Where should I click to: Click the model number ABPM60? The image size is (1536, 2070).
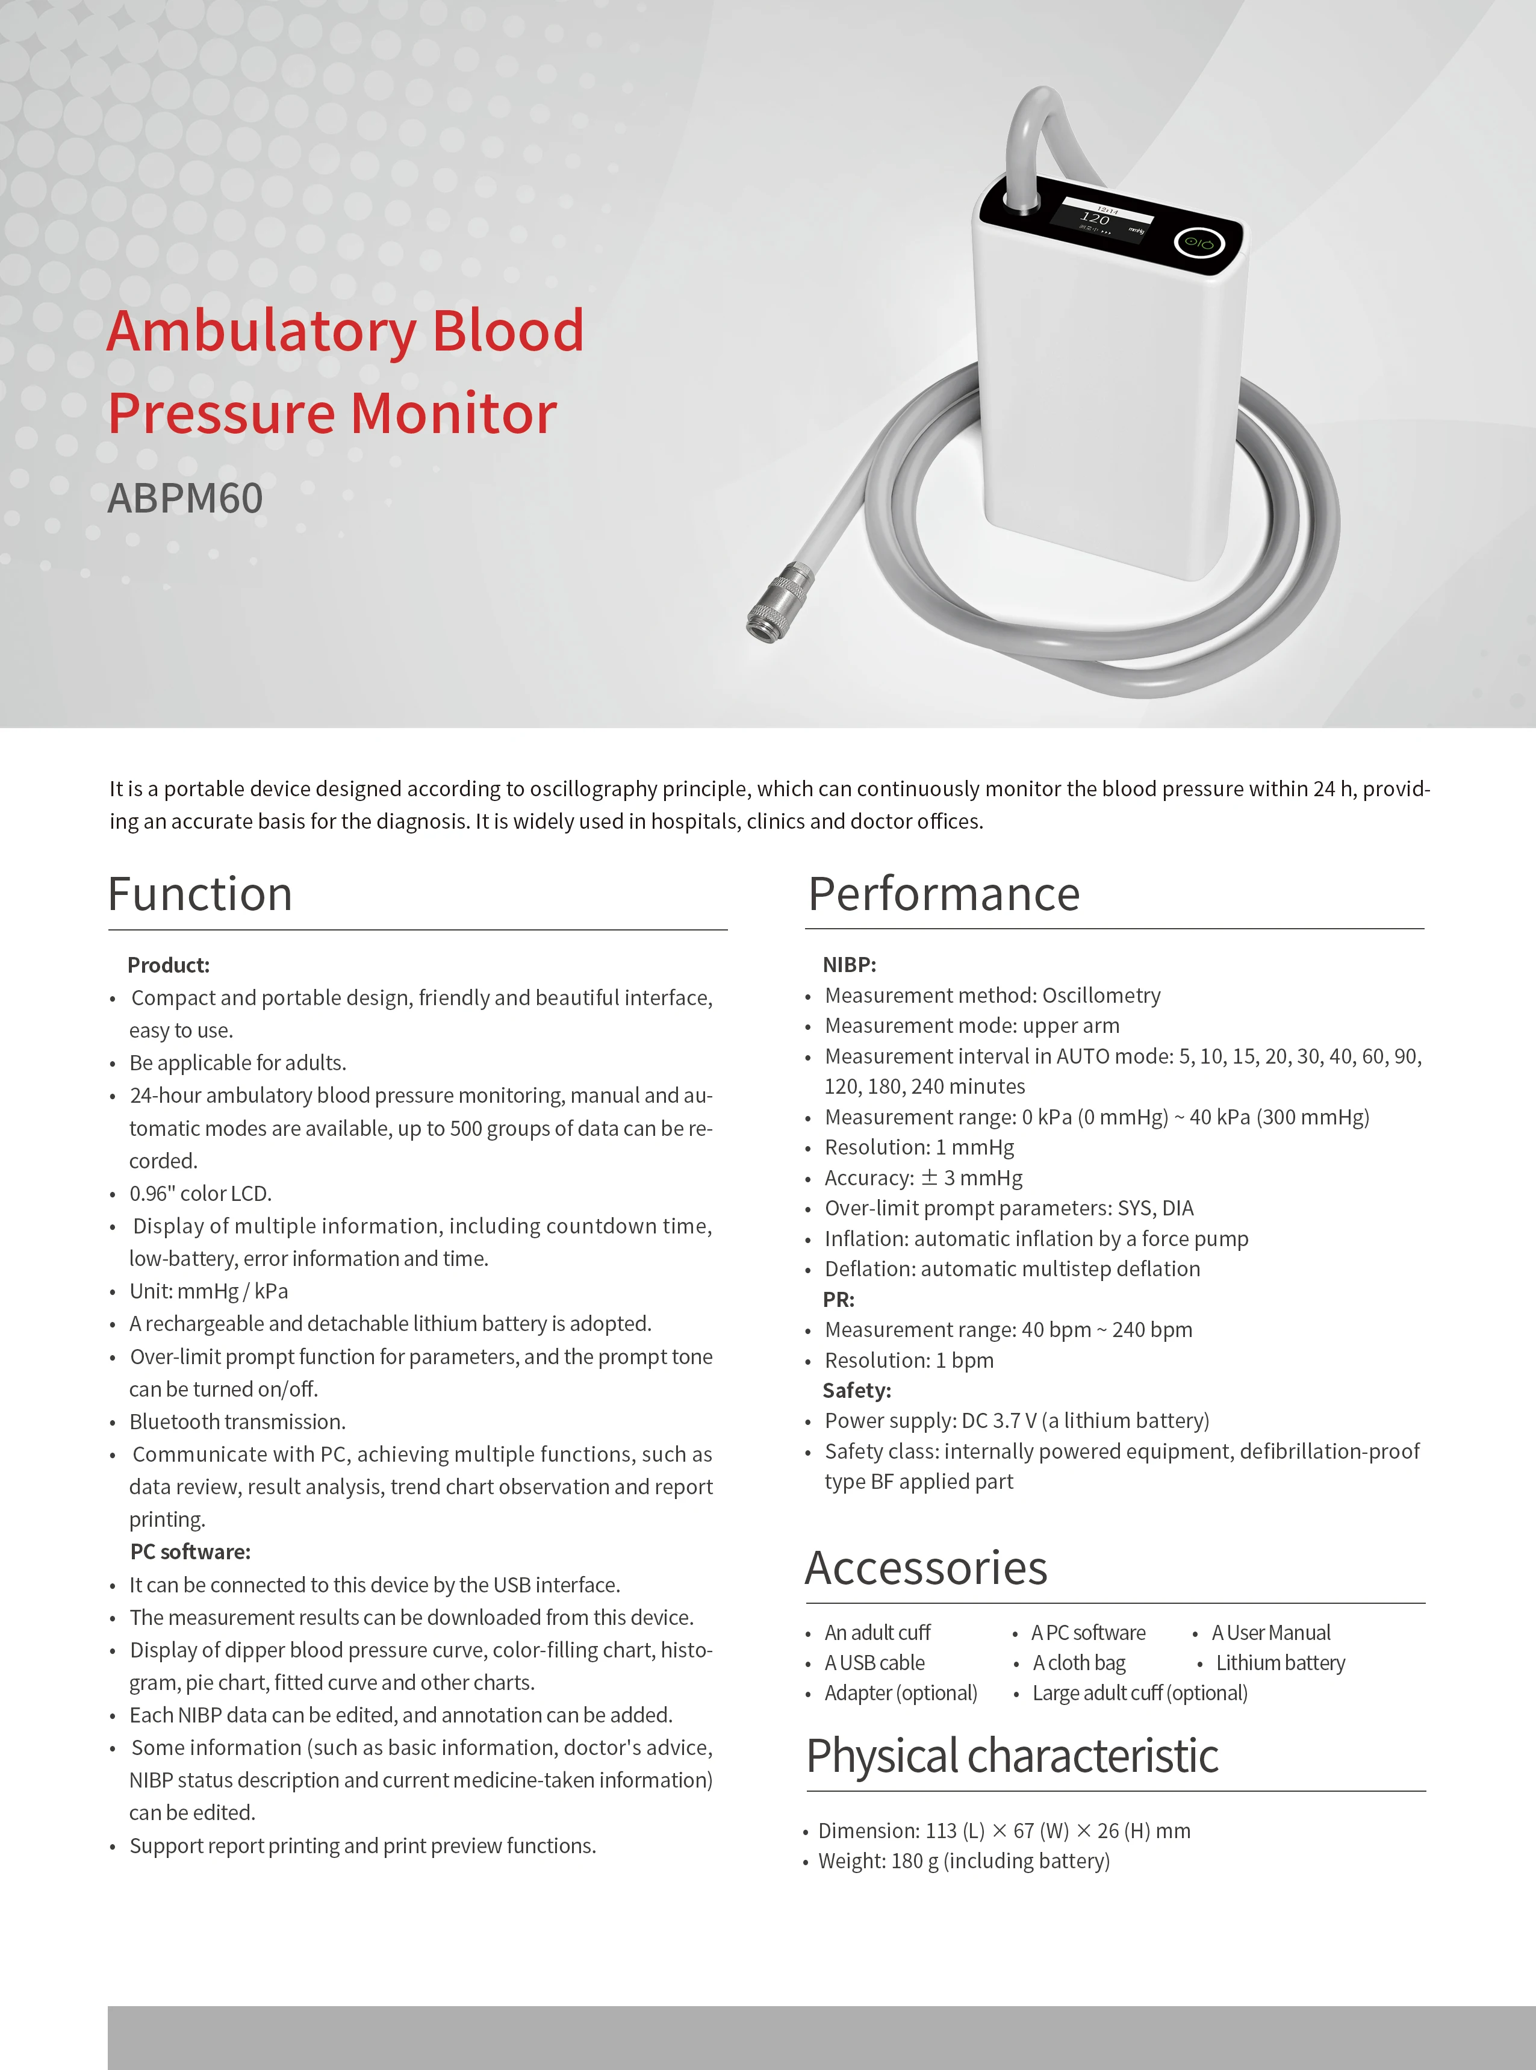pyautogui.click(x=185, y=499)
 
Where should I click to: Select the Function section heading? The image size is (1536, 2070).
pyautogui.click(x=200, y=894)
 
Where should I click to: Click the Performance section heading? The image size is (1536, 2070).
pyautogui.click(x=944, y=894)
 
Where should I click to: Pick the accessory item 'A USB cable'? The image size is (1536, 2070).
pyautogui.click(x=874, y=1663)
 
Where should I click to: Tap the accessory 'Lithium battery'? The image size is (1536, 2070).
pyautogui.click(x=1280, y=1663)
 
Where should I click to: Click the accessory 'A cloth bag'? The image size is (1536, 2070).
pyautogui.click(x=1078, y=1663)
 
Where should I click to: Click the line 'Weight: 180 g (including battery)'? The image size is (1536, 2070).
pyautogui.click(x=963, y=1861)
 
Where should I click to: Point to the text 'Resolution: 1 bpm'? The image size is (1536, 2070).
pyautogui.click(x=909, y=1361)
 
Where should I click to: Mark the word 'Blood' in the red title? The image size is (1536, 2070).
pyautogui.click(x=508, y=331)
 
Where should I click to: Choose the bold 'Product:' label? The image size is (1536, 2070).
pyautogui.click(x=168, y=965)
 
